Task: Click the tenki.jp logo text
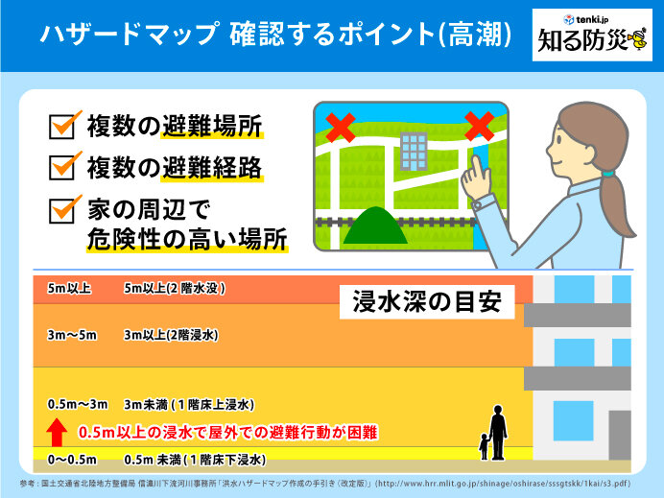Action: click(x=591, y=19)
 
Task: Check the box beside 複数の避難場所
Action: click(x=62, y=127)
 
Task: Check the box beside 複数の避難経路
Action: click(x=62, y=168)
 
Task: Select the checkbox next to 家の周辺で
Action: click(x=62, y=211)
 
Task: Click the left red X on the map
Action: click(x=342, y=127)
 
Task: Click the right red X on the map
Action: click(x=480, y=127)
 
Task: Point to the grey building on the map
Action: click(x=414, y=152)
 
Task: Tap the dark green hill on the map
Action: click(x=375, y=225)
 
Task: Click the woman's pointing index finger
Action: click(x=477, y=168)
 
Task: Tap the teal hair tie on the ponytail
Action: click(x=608, y=174)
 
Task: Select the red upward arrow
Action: click(x=57, y=432)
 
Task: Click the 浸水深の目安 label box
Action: click(x=427, y=302)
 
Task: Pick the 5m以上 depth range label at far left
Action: click(x=69, y=289)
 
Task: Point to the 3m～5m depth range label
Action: click(x=72, y=335)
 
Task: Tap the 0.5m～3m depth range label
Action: click(x=78, y=404)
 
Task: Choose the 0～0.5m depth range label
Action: click(x=72, y=460)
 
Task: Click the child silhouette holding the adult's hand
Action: click(x=484, y=447)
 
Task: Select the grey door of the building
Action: click(x=620, y=435)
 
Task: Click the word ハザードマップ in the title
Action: click(x=130, y=34)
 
